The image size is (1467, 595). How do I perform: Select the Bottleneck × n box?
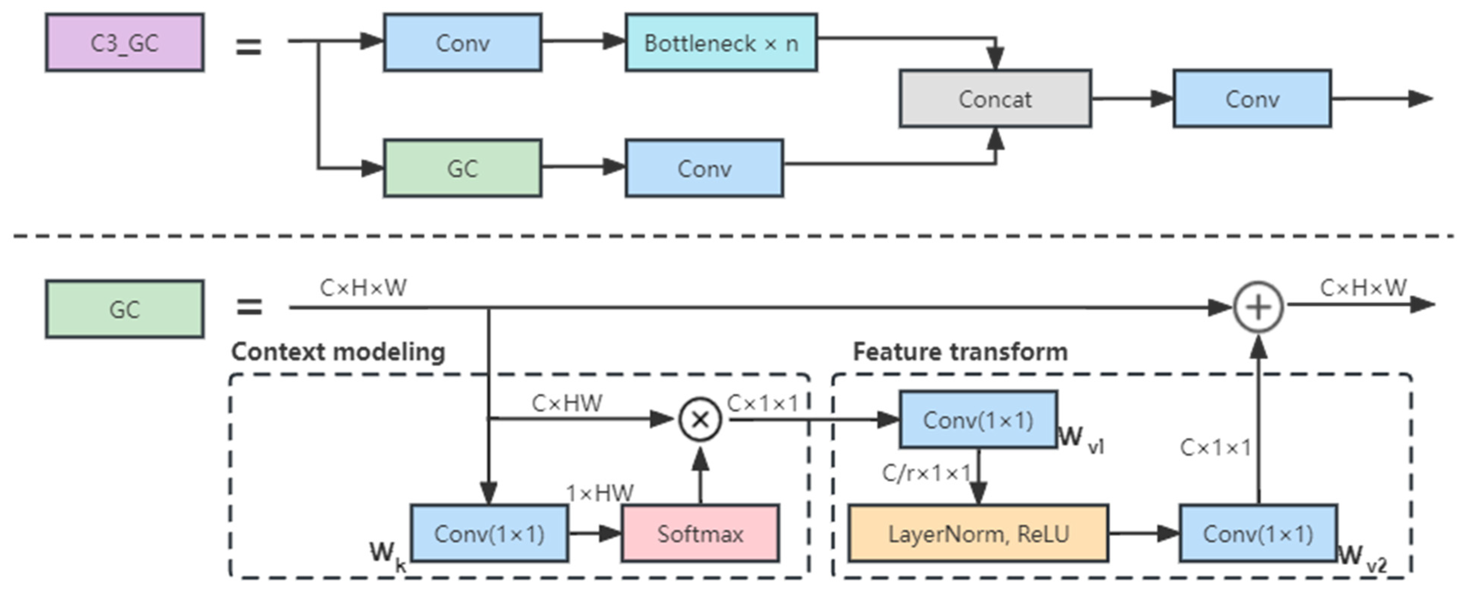click(x=721, y=43)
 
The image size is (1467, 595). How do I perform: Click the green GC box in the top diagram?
click(x=463, y=168)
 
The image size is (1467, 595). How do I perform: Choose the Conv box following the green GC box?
click(x=704, y=168)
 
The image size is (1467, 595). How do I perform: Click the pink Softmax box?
click(x=700, y=533)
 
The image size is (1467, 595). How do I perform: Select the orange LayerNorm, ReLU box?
click(x=978, y=533)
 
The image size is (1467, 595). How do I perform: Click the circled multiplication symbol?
click(x=700, y=419)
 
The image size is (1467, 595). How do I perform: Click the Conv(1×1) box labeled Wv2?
click(x=1258, y=533)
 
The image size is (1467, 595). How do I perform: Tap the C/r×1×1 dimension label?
click(x=926, y=472)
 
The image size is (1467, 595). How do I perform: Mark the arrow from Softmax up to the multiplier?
click(x=700, y=476)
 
